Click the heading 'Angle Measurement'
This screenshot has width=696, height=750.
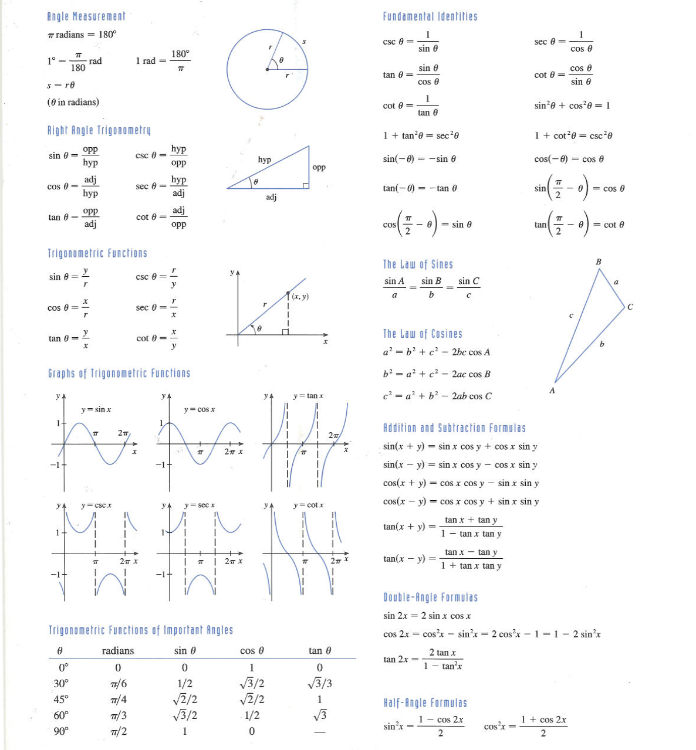tap(86, 16)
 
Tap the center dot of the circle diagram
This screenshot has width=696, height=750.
tap(268, 69)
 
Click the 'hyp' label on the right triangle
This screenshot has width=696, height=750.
tap(265, 159)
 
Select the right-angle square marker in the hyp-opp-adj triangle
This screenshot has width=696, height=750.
tap(306, 185)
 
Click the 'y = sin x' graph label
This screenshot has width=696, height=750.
tap(96, 409)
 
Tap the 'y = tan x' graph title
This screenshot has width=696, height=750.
tap(308, 396)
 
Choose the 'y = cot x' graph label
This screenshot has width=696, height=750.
tap(308, 505)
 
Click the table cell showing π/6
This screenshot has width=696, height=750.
tap(118, 684)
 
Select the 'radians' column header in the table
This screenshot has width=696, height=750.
tap(117, 651)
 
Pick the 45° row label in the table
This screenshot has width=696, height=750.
tap(61, 700)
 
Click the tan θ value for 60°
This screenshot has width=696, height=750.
tap(320, 715)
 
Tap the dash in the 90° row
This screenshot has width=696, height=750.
tap(319, 732)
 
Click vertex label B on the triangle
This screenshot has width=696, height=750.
tap(598, 262)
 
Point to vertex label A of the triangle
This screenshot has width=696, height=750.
tap(552, 391)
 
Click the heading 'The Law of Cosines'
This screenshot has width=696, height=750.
tap(423, 334)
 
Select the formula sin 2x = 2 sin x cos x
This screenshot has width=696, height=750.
tap(427, 616)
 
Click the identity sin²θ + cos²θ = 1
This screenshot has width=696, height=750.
tap(572, 106)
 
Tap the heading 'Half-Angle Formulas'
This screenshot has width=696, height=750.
tap(425, 703)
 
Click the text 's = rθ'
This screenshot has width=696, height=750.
tap(61, 85)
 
